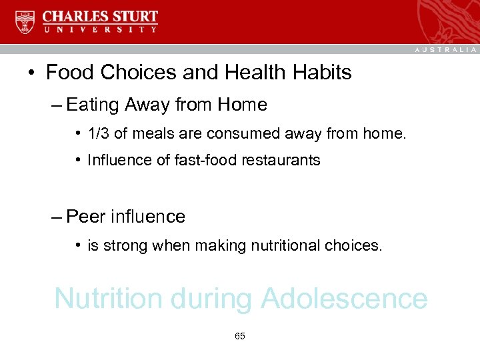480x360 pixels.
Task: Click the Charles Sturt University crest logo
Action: pos(25,21)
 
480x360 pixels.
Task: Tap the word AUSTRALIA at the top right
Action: pos(446,50)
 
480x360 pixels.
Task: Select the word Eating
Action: pos(91,105)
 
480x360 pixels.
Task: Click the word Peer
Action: pos(87,217)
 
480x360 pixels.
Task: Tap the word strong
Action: pos(124,245)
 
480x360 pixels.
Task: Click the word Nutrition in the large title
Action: pos(108,298)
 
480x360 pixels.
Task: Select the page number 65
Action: pos(240,336)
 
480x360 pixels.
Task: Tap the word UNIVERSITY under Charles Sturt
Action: pos(101,29)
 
